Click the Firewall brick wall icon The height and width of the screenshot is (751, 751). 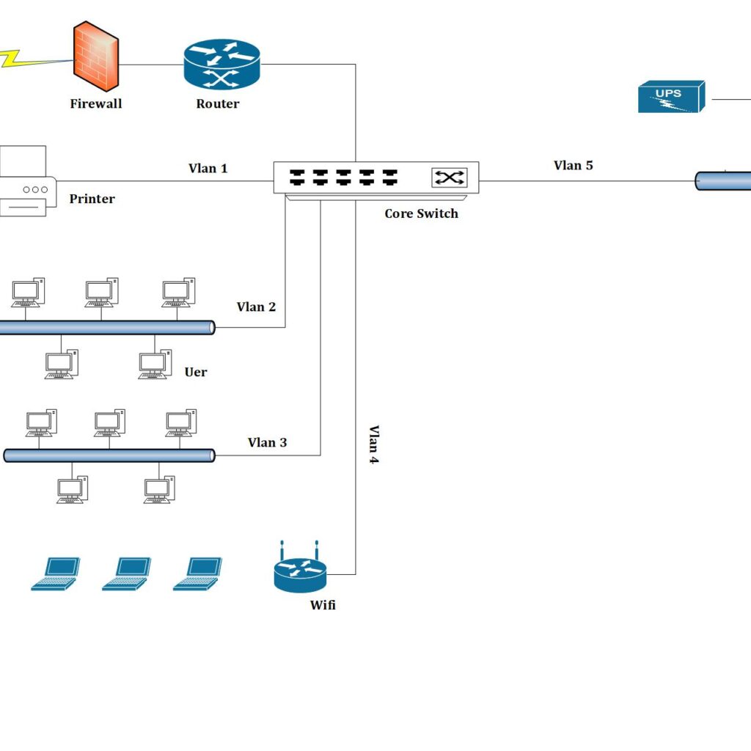click(x=95, y=52)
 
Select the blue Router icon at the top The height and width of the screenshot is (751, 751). click(x=221, y=65)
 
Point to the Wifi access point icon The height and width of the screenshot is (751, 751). click(x=300, y=571)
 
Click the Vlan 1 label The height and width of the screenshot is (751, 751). click(x=208, y=169)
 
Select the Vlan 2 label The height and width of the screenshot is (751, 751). click(x=256, y=307)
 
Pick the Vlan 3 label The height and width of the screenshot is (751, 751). click(x=267, y=442)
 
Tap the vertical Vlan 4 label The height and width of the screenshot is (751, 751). click(x=374, y=444)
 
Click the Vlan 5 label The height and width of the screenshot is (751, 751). click(x=573, y=166)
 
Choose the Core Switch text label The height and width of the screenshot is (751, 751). click(x=421, y=214)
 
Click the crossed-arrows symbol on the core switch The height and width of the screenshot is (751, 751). click(x=449, y=177)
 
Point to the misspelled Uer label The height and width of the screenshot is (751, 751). click(x=195, y=372)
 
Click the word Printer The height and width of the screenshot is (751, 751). click(x=92, y=199)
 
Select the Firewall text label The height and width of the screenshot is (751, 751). click(x=95, y=104)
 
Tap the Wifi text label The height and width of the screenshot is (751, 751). click(x=323, y=605)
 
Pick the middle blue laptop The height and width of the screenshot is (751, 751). click(x=126, y=574)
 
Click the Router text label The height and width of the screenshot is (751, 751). click(x=217, y=104)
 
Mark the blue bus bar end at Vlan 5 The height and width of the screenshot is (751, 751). click(x=723, y=180)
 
